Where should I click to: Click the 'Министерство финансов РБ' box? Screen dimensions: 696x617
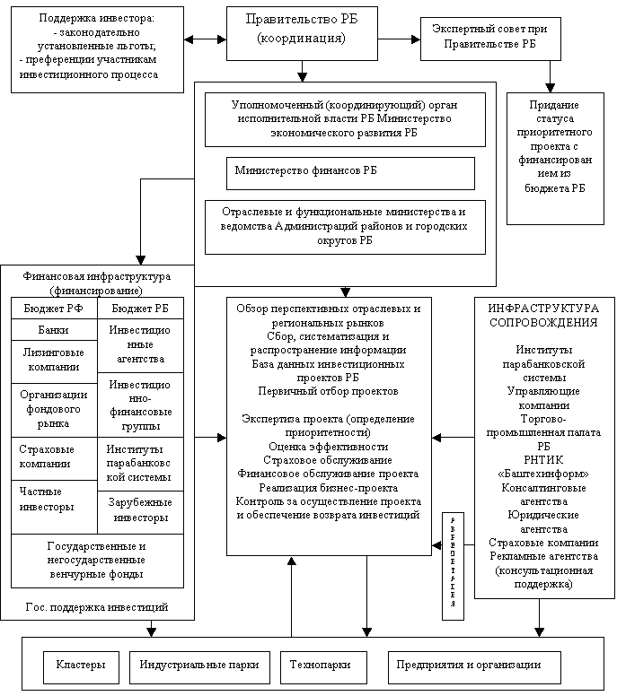349,173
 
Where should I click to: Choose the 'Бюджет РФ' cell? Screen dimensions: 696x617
53,308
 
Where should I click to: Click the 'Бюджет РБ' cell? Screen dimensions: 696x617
139,308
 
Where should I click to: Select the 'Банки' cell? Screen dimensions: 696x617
53,329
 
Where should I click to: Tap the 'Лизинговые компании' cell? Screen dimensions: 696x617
53,360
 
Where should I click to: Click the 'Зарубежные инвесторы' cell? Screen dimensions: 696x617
139,511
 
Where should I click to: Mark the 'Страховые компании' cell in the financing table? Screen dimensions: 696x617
53,457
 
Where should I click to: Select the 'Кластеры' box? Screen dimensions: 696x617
81,666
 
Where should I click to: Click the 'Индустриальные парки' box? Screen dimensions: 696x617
199,666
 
